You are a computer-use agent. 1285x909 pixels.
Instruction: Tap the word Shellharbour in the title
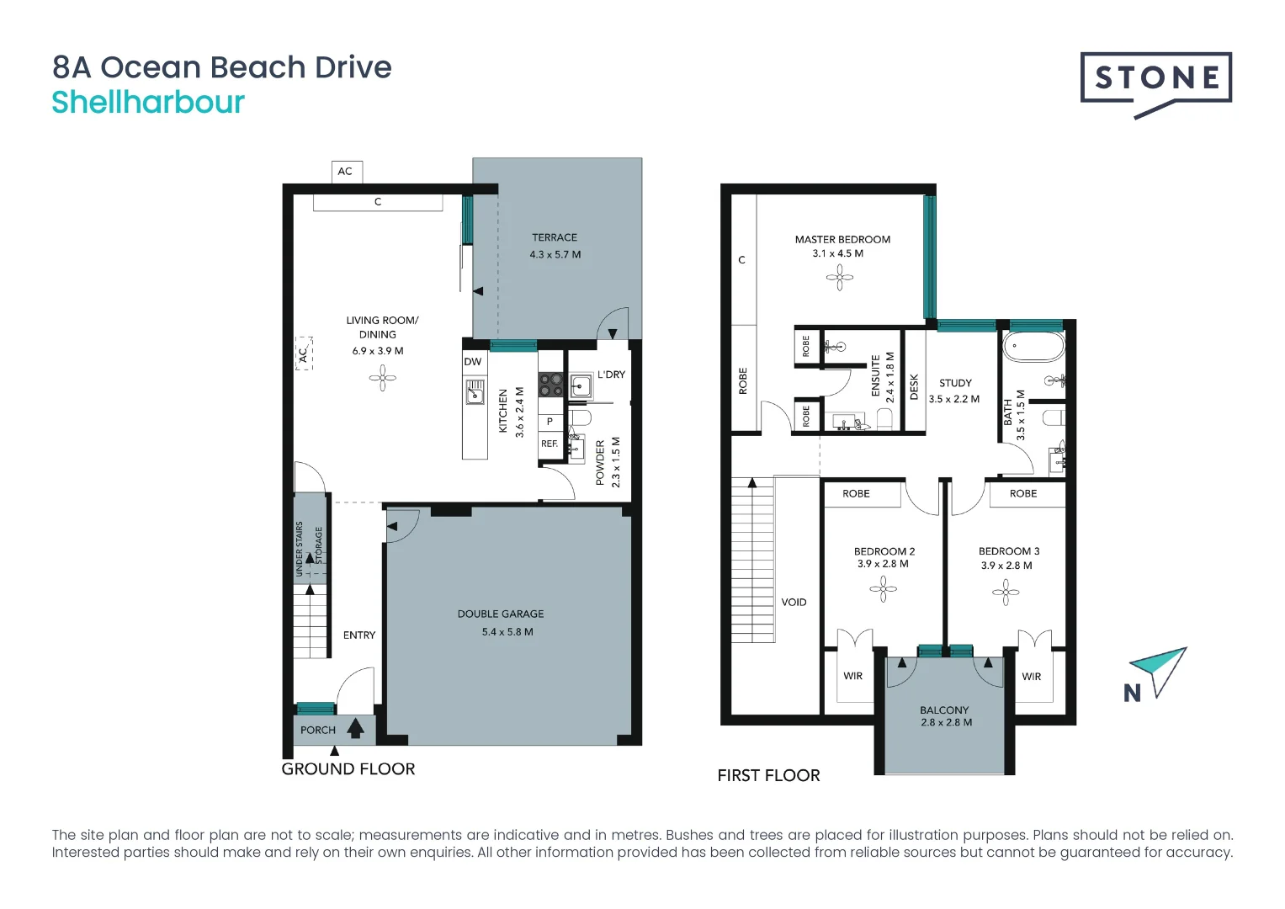(x=148, y=102)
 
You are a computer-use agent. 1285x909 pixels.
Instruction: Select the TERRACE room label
(x=555, y=237)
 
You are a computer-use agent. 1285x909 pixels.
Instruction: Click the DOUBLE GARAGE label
(x=500, y=614)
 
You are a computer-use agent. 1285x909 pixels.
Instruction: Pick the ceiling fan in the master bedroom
(x=839, y=279)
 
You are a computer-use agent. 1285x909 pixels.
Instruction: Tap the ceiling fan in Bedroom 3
(x=1006, y=593)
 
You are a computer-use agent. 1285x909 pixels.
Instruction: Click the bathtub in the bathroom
(x=1033, y=347)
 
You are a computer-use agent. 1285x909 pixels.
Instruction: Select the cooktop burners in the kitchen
(x=550, y=385)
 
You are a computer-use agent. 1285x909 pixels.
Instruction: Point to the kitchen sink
(x=475, y=391)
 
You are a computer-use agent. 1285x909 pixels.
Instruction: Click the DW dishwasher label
(x=473, y=362)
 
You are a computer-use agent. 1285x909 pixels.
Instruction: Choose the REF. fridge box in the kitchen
(x=550, y=444)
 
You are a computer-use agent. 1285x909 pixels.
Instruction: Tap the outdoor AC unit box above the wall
(x=347, y=172)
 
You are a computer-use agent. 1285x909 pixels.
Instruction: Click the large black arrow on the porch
(x=356, y=728)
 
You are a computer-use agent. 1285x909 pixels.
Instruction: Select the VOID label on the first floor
(x=794, y=602)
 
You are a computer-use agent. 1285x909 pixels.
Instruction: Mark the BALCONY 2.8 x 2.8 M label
(x=946, y=715)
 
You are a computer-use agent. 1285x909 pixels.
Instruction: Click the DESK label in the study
(x=914, y=387)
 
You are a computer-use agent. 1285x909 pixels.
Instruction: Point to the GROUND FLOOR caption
(x=348, y=769)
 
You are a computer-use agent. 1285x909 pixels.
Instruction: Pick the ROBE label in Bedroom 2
(x=856, y=493)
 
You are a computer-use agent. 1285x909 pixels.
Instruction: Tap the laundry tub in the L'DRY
(x=581, y=385)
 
